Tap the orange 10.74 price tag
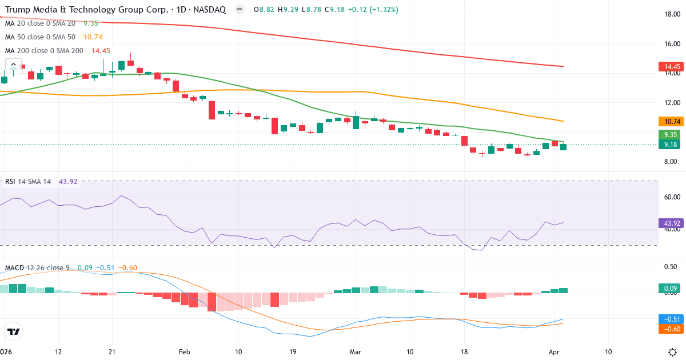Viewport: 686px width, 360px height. pyautogui.click(x=669, y=122)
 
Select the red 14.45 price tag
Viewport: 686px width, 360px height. pyautogui.click(x=669, y=67)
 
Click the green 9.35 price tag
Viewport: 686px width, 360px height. pyautogui.click(x=669, y=135)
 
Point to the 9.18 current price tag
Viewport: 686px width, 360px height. pyautogui.click(x=669, y=145)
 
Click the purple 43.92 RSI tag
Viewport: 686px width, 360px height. pyautogui.click(x=669, y=223)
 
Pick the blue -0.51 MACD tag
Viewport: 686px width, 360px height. pyautogui.click(x=669, y=319)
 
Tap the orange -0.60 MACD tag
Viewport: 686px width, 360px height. pyautogui.click(x=669, y=329)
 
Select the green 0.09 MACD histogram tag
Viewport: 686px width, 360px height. pyautogui.click(x=669, y=288)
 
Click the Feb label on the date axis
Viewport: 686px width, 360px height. pyautogui.click(x=184, y=351)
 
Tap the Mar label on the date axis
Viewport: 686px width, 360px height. pyautogui.click(x=356, y=351)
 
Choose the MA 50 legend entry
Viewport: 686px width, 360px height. pyautogui.click(x=40, y=37)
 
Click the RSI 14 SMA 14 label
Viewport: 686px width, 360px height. pyautogui.click(x=27, y=182)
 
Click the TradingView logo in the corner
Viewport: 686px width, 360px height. pyautogui.click(x=14, y=331)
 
